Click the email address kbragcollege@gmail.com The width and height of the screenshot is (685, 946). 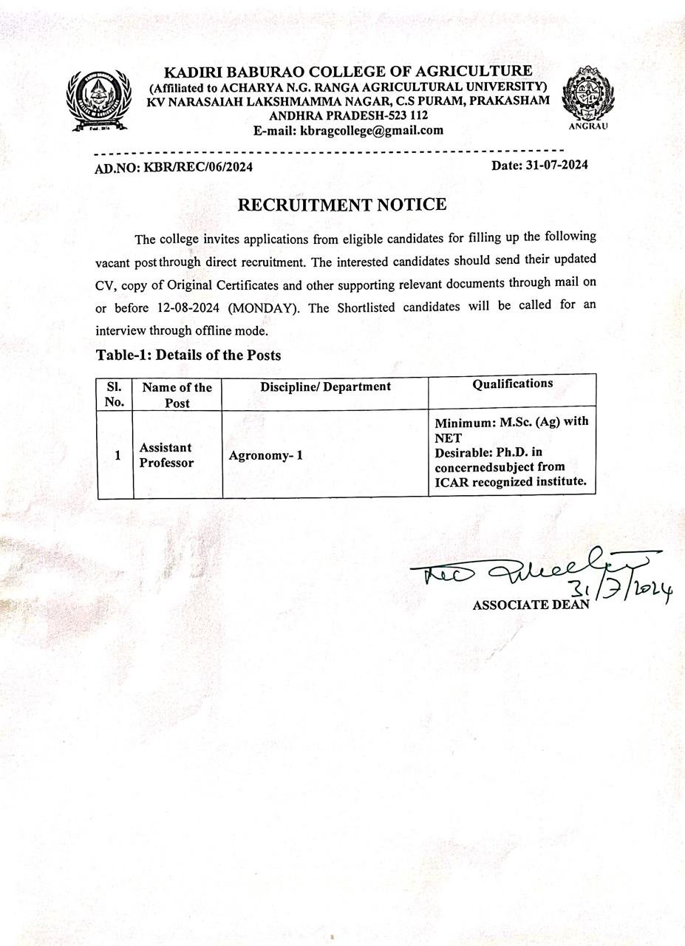point(372,131)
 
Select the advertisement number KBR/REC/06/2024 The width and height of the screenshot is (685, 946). point(198,167)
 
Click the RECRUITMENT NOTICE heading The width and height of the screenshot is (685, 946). point(342,205)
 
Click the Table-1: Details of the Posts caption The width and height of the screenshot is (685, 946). point(188,355)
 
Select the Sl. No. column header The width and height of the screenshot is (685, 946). point(115,394)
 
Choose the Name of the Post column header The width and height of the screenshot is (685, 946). point(177,395)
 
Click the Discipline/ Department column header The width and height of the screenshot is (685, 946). point(325,387)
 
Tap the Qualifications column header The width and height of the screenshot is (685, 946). point(512,384)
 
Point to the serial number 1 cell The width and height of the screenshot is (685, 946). point(117,455)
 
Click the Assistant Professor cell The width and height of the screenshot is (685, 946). point(166,455)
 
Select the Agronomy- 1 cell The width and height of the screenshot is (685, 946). point(265,455)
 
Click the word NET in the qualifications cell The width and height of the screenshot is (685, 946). point(448,438)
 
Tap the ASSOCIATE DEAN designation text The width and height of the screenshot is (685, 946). point(531,605)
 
